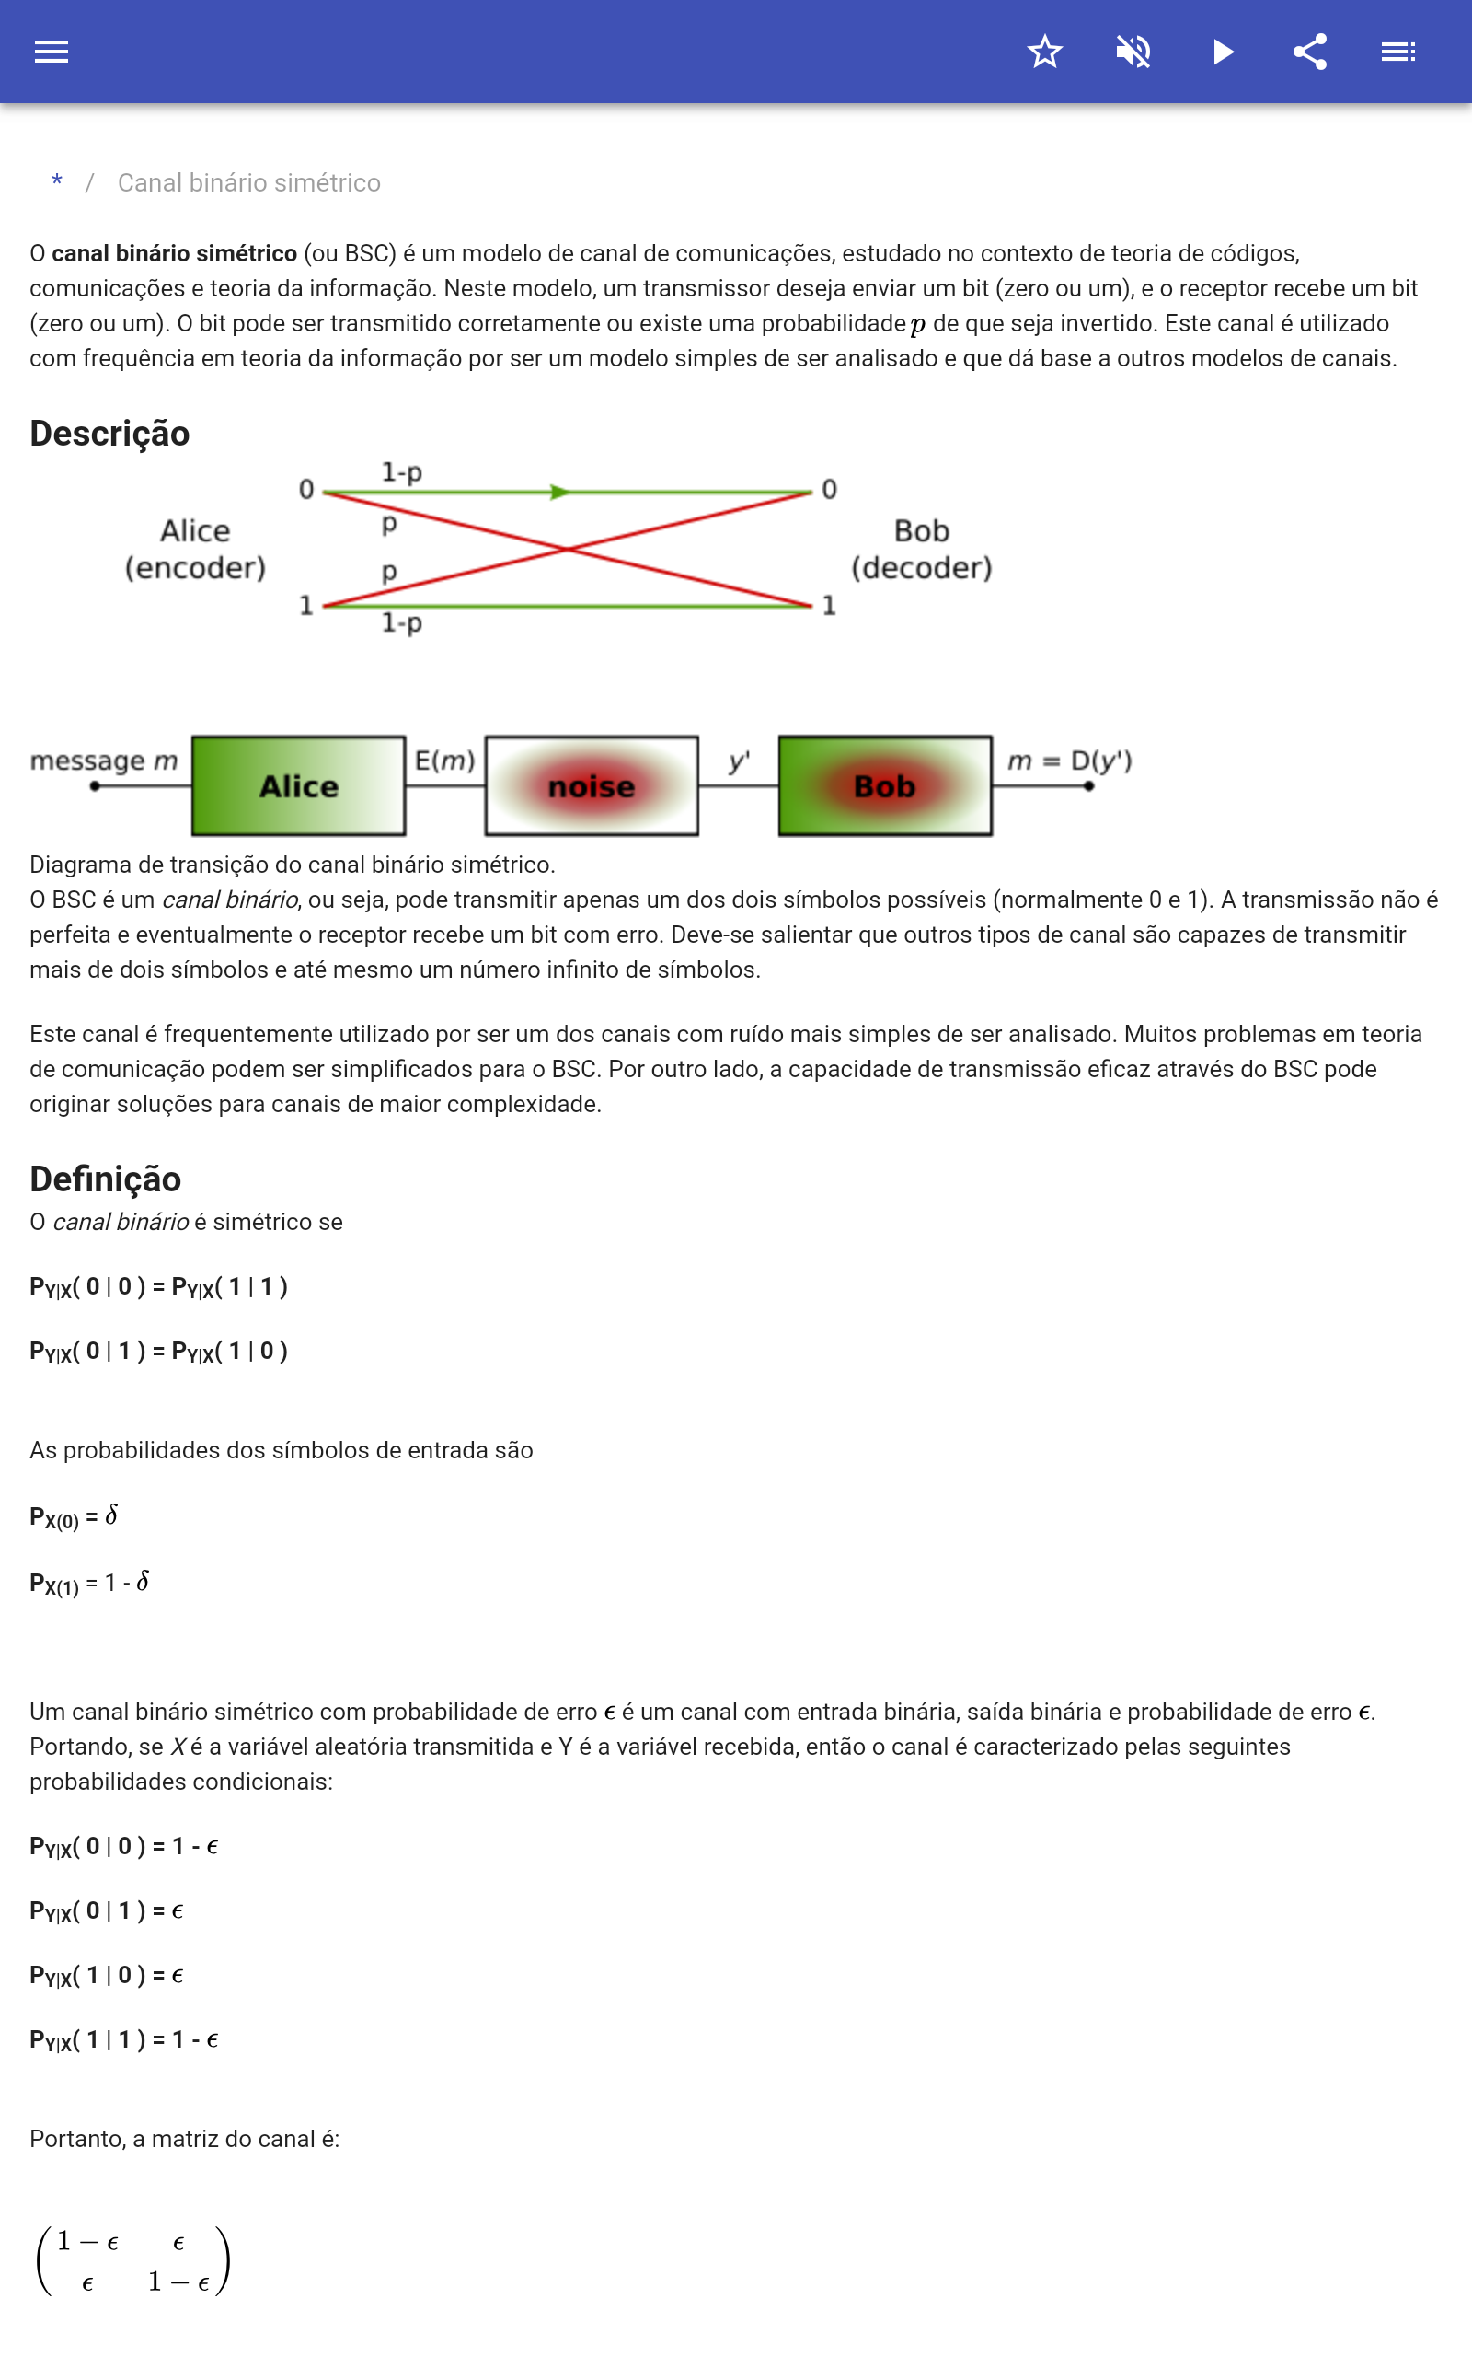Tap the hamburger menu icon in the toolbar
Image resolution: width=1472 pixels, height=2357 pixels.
(52, 52)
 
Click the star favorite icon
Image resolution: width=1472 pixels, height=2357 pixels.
(1044, 52)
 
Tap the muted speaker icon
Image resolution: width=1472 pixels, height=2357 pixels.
(1133, 52)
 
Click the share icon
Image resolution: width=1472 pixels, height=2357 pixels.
(1310, 52)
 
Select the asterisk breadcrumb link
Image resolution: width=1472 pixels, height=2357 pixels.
(57, 182)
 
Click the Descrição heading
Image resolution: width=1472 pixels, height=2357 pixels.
(110, 434)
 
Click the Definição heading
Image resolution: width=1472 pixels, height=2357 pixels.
(105, 1178)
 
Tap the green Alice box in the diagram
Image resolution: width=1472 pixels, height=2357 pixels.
(299, 786)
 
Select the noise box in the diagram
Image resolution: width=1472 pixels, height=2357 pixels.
(591, 786)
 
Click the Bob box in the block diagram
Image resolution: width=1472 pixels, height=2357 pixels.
(885, 786)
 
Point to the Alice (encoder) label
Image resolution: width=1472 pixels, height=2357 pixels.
(195, 550)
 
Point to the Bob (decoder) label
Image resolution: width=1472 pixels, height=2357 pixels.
(921, 550)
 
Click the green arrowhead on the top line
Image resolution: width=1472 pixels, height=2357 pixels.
(558, 492)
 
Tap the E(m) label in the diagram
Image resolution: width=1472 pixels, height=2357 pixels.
(444, 761)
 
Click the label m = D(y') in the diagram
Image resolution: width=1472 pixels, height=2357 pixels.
(1069, 761)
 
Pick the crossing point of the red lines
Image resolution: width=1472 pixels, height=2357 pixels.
(568, 550)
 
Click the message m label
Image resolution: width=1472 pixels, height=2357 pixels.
(104, 761)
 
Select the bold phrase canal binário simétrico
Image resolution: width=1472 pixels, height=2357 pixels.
(174, 253)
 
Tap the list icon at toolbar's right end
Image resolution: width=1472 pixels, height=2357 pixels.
(1398, 52)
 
